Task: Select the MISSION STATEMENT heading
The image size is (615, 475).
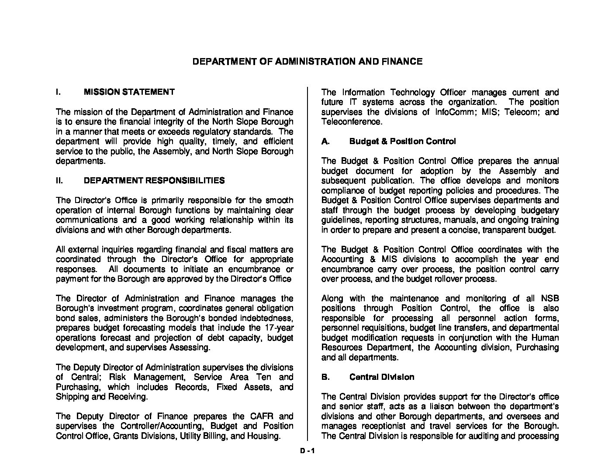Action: [x=129, y=92]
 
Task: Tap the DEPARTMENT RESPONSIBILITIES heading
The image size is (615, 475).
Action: [x=154, y=181]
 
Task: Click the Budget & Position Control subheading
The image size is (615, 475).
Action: [x=402, y=141]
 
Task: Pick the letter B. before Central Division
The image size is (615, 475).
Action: [x=325, y=377]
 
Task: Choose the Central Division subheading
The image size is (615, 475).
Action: [x=382, y=377]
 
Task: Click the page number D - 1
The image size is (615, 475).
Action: [x=307, y=452]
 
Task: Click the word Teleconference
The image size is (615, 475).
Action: [x=351, y=122]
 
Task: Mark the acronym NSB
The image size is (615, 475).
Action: [x=550, y=299]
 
